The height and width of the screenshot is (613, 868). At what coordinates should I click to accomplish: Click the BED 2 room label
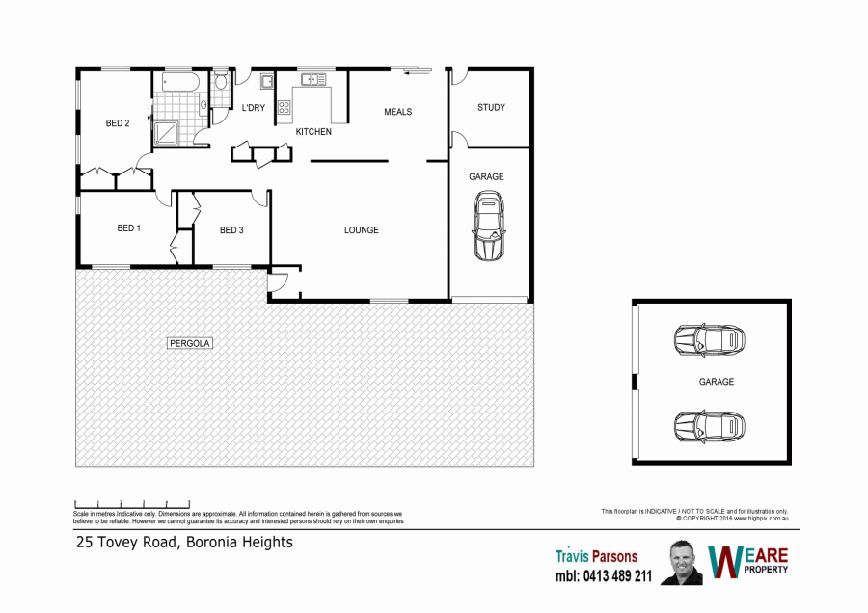click(x=118, y=122)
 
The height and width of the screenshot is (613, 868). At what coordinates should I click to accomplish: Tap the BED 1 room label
click(x=128, y=227)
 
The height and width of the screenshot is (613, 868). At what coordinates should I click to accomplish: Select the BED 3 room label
click(x=231, y=230)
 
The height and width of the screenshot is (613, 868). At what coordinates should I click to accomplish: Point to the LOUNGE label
click(x=362, y=230)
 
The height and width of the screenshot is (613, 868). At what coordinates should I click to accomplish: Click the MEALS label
click(x=398, y=112)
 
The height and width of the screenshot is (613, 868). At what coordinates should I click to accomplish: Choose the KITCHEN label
click(x=313, y=132)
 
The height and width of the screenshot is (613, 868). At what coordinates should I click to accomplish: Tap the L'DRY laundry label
click(x=254, y=108)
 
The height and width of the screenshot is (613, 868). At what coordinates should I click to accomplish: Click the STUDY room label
click(x=491, y=107)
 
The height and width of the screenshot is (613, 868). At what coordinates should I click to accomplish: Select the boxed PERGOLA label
click(x=190, y=343)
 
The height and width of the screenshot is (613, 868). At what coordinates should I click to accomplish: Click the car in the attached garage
click(x=489, y=226)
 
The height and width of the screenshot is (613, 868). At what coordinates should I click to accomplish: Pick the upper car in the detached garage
click(x=710, y=339)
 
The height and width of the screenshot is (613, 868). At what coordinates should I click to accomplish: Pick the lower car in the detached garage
click(x=710, y=427)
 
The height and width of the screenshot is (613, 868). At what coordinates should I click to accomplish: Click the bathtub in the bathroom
click(x=180, y=82)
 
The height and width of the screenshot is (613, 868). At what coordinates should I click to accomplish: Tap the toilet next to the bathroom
click(x=221, y=80)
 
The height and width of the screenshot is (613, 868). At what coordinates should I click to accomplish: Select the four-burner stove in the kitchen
click(x=284, y=107)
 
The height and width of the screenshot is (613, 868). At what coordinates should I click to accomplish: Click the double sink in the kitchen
click(x=313, y=80)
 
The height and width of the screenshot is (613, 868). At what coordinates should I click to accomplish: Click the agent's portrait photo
click(x=682, y=563)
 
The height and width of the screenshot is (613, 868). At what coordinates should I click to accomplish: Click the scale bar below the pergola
click(x=132, y=504)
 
